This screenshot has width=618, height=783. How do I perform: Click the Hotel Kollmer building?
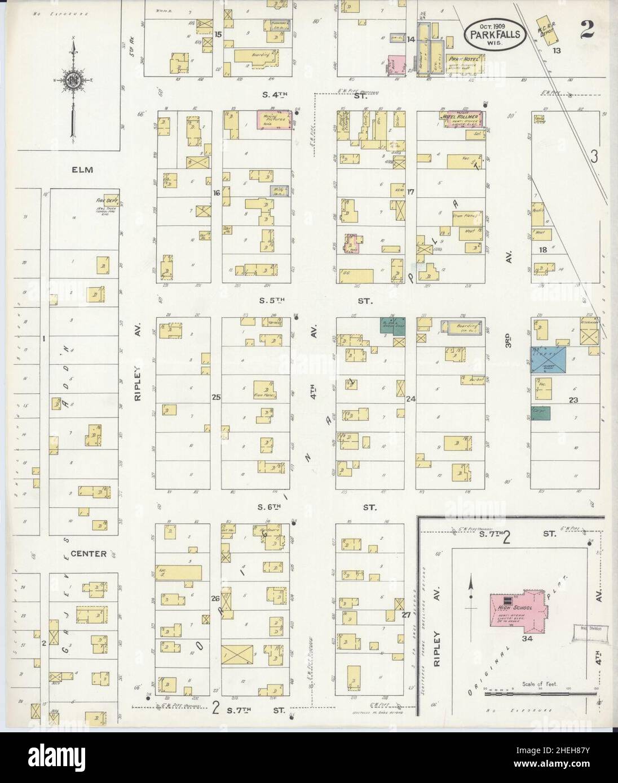click(463, 119)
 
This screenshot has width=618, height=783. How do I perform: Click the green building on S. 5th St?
click(392, 327)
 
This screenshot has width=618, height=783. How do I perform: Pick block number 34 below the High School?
click(528, 638)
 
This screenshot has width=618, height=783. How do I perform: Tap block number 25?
click(215, 398)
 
